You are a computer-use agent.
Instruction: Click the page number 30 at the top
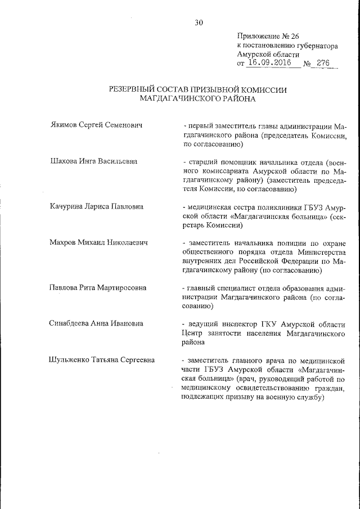tap(199, 22)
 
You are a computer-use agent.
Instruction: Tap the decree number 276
tap(323, 63)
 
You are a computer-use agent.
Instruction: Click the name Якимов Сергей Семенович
tap(94, 125)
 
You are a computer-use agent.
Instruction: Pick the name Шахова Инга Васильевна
tap(94, 161)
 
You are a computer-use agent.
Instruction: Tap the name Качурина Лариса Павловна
tap(97, 206)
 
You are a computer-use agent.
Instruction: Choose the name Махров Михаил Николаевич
tap(98, 242)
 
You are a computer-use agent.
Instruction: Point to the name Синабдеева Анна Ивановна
tap(96, 323)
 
